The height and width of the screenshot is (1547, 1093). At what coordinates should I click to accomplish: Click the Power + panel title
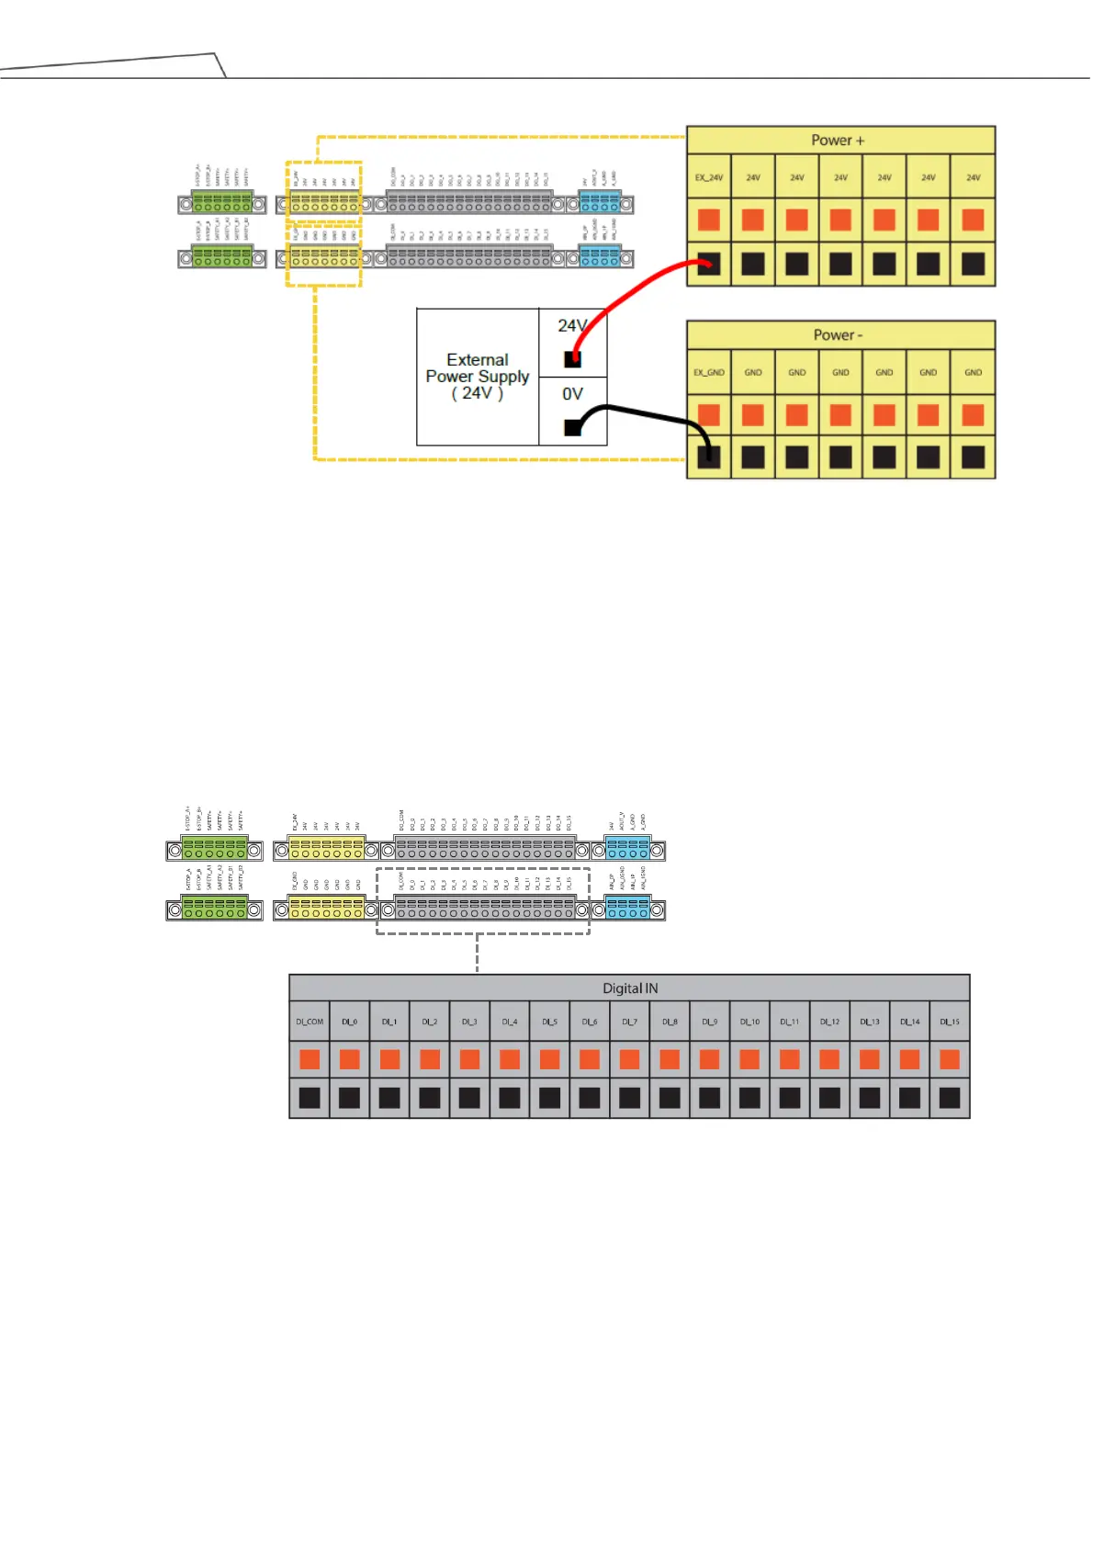(x=837, y=141)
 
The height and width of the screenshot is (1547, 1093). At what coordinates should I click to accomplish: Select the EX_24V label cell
(x=708, y=177)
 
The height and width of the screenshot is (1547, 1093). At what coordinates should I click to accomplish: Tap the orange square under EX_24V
(x=708, y=220)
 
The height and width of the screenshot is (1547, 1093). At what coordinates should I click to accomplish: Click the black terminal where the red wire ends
(x=708, y=265)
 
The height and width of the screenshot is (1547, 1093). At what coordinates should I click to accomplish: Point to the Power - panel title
(x=837, y=335)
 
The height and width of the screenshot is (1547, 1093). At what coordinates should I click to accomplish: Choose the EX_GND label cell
(x=708, y=372)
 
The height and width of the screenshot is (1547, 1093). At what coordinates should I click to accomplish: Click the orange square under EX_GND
(x=708, y=415)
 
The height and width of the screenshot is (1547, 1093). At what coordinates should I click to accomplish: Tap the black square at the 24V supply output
(x=572, y=359)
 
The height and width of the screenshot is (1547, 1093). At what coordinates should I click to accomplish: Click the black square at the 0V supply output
(x=572, y=427)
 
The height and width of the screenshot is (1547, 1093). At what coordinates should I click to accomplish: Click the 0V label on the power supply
(x=572, y=394)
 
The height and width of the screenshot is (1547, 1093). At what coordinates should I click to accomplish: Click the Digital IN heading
(x=629, y=988)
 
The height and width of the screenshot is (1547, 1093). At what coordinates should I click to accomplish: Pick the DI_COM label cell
(x=310, y=1022)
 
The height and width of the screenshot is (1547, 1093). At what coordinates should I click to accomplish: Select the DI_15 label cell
(x=949, y=1022)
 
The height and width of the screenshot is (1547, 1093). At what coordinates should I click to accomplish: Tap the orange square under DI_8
(x=670, y=1059)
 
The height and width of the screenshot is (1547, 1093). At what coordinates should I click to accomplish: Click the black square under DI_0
(x=350, y=1098)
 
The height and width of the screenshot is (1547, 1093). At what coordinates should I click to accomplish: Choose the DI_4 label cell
(x=510, y=1022)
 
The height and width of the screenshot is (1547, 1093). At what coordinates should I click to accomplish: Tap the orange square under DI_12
(x=829, y=1059)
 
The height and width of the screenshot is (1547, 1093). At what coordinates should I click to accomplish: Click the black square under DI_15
(x=949, y=1098)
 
